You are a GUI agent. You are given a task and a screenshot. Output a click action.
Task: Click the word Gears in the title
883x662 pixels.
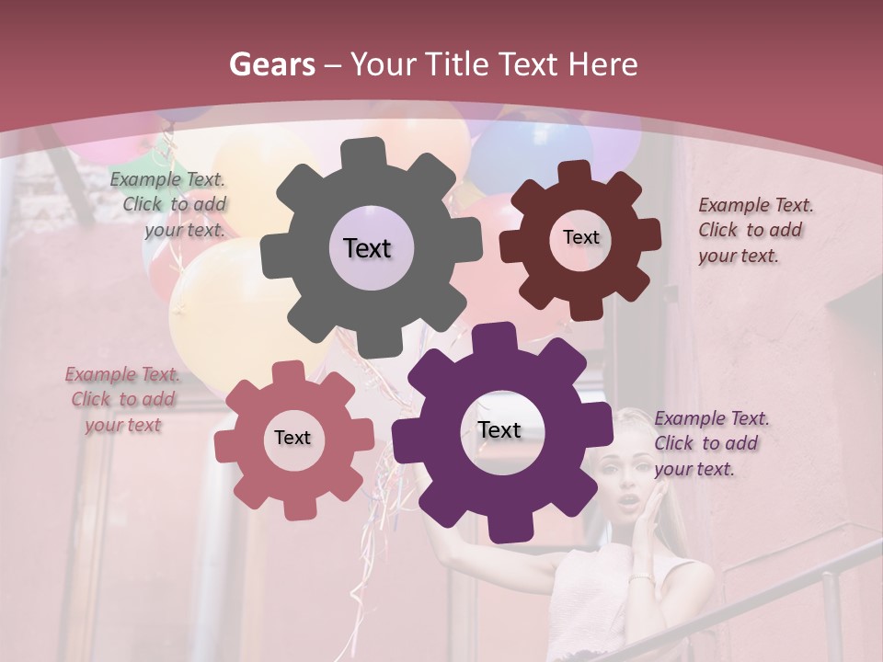(x=272, y=64)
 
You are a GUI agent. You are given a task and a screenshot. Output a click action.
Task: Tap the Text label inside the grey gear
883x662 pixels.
(x=367, y=248)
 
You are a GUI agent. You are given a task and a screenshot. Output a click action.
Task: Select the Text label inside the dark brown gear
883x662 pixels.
(x=580, y=237)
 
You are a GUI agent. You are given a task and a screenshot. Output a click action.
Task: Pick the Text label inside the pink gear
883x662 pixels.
(x=292, y=438)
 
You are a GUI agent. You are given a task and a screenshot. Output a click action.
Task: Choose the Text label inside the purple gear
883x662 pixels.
(x=499, y=430)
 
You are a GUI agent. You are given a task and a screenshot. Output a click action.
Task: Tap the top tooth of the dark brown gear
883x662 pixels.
(x=574, y=172)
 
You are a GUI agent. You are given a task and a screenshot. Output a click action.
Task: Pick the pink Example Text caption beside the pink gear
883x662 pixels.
(x=122, y=399)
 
